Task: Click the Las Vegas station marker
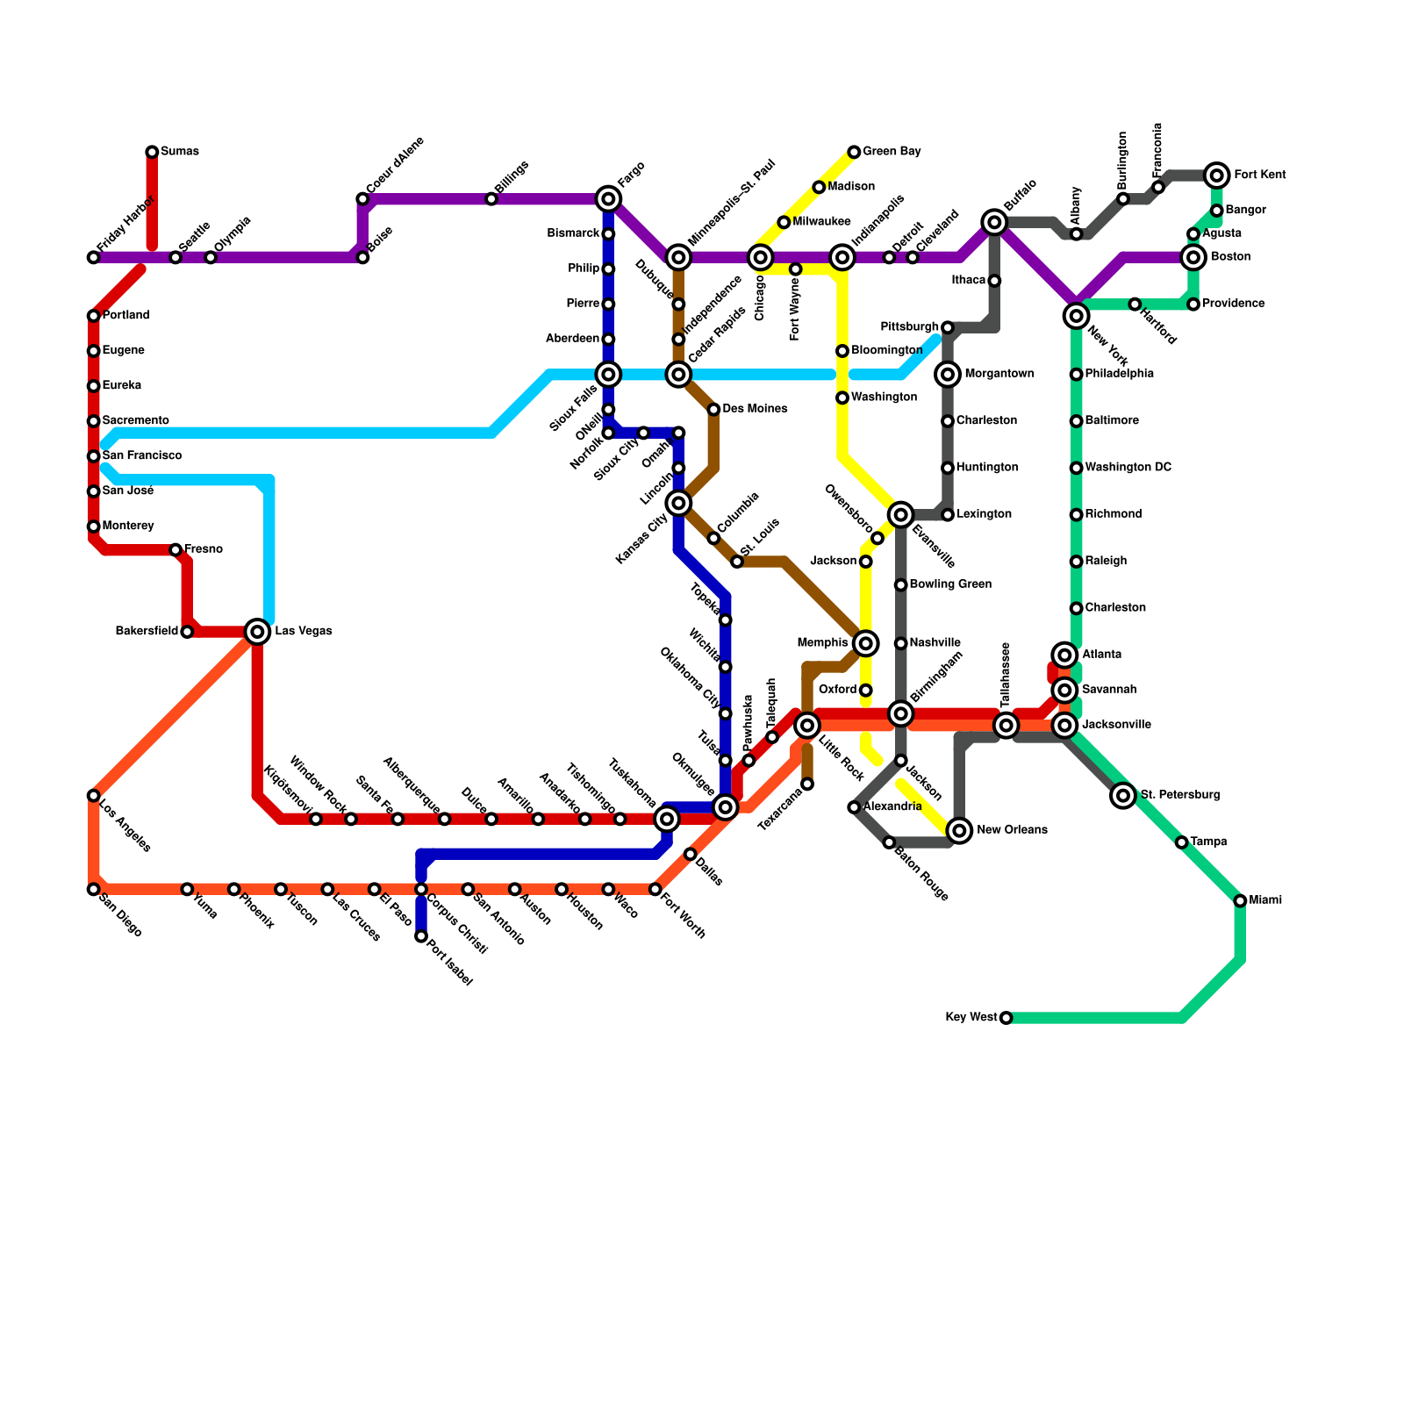click(257, 632)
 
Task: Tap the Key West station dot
click(1006, 1018)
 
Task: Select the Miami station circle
click(1240, 901)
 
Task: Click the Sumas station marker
click(152, 152)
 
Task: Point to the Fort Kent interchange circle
click(1216, 175)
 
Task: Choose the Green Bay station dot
click(854, 152)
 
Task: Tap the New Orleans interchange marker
click(960, 830)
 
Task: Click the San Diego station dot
click(93, 890)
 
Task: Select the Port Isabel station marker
click(421, 936)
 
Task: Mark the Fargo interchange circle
click(608, 199)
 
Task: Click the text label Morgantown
click(999, 375)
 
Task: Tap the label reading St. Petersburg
click(1179, 796)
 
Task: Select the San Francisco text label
click(141, 456)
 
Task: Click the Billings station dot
click(491, 199)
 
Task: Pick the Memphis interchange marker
click(865, 644)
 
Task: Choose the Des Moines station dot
click(713, 410)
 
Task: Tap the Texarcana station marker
click(807, 784)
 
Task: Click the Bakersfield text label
click(147, 632)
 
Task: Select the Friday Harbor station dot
click(93, 257)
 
